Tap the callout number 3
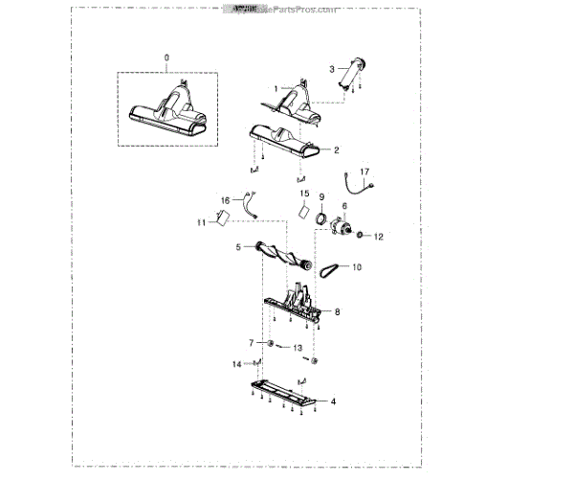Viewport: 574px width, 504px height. (x=331, y=68)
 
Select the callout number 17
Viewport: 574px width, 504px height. (x=364, y=172)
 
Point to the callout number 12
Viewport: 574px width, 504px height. (x=378, y=236)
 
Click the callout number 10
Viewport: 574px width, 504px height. (x=357, y=267)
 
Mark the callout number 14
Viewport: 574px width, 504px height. (x=236, y=364)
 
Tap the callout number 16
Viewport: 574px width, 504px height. (x=226, y=200)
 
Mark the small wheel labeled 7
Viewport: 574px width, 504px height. (x=271, y=343)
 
